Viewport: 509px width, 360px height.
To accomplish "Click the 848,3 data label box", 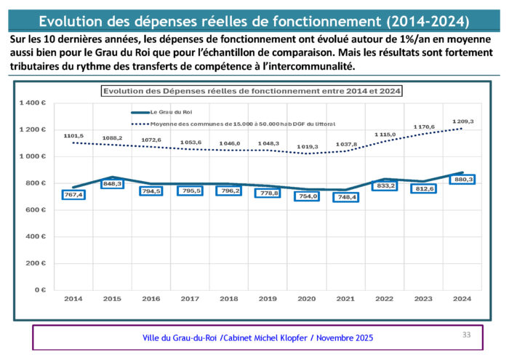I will tap(113, 184).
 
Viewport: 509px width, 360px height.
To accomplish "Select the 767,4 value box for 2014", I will tap(73, 195).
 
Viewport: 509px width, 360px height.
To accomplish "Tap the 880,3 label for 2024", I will tap(463, 180).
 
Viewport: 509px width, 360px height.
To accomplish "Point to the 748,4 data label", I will tap(346, 197).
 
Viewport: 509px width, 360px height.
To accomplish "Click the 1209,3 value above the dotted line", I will tap(463, 121).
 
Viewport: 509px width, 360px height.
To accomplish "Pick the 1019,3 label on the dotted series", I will tap(307, 147).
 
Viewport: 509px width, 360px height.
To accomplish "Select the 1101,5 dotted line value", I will tap(73, 135).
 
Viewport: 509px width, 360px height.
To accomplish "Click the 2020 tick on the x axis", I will tap(307, 299).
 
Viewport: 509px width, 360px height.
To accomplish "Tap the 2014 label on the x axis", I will tap(73, 299).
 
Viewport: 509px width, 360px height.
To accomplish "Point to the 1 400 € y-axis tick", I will tap(33, 103).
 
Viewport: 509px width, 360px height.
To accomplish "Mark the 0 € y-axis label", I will tap(40, 289).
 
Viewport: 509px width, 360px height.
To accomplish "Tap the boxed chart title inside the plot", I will tap(252, 91).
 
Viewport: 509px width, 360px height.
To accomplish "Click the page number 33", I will tap(467, 335).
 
